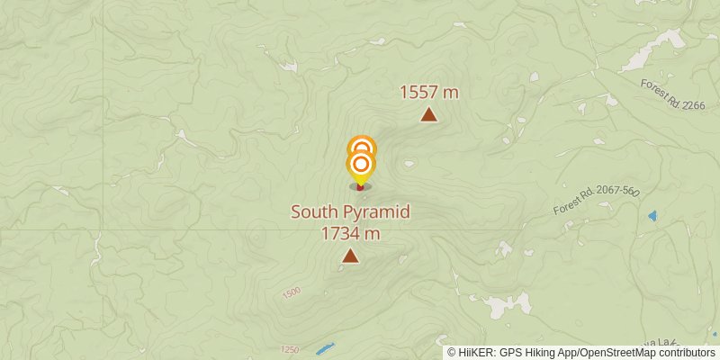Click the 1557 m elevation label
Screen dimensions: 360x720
pos(429,92)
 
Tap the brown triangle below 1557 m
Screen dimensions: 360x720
pos(429,114)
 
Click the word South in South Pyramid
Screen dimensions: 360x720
pos(317,212)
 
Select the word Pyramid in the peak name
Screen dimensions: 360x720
pos(378,212)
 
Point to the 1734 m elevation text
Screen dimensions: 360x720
pos(350,234)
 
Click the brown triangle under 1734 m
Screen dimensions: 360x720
pos(350,256)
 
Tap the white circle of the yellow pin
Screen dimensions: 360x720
pos(361,164)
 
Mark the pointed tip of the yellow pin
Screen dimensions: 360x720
pos(360,185)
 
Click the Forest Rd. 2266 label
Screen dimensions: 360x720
pos(672,94)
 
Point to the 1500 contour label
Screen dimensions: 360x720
pos(292,293)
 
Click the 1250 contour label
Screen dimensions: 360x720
pos(289,349)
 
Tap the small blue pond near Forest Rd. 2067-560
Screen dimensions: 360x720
pos(652,216)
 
